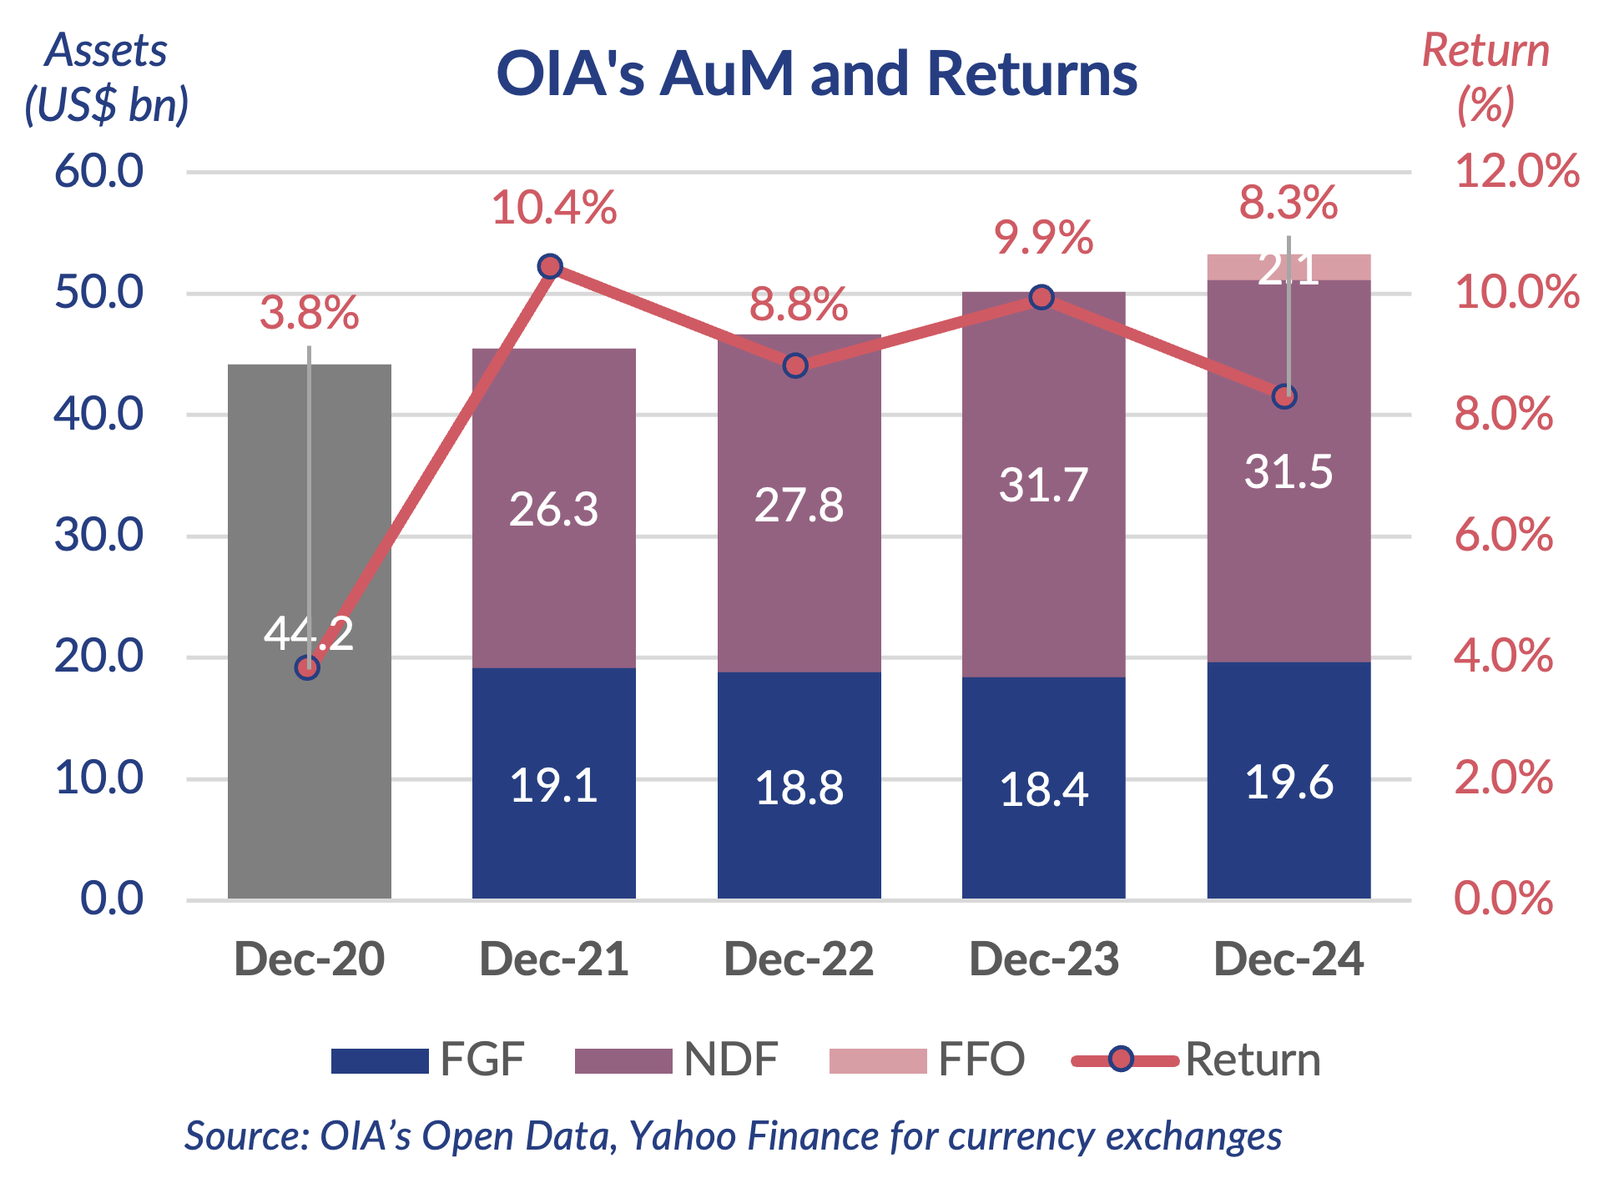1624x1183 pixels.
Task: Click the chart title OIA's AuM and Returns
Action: point(816,73)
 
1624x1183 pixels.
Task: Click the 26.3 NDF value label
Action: point(553,509)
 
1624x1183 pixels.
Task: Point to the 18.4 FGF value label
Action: point(1043,789)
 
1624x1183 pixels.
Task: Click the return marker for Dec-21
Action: point(550,267)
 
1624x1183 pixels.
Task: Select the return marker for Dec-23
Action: point(1041,298)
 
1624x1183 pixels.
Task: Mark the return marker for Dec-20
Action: point(308,668)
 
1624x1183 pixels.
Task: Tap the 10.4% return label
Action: point(553,208)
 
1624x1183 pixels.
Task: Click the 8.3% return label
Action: point(1288,203)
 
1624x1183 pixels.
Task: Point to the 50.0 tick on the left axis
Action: point(98,293)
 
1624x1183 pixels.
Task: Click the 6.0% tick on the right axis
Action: point(1503,535)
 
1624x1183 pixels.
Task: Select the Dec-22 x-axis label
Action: point(799,959)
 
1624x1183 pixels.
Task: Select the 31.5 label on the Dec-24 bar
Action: point(1288,472)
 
